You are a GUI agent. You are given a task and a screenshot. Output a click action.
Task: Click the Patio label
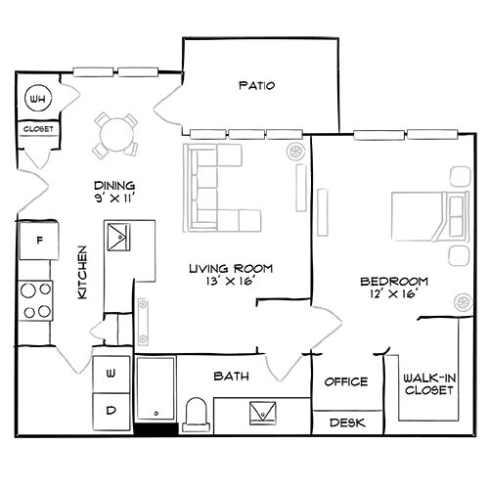(x=257, y=86)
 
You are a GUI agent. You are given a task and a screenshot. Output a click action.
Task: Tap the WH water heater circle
(x=38, y=99)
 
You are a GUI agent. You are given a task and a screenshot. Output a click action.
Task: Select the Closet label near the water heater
(x=38, y=129)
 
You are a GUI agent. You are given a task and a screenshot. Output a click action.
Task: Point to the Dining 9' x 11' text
(x=114, y=192)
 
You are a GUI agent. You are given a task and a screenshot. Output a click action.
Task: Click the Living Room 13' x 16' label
(x=231, y=275)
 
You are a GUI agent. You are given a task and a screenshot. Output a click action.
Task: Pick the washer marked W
(x=111, y=375)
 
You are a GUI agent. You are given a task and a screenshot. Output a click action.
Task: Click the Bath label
(x=231, y=376)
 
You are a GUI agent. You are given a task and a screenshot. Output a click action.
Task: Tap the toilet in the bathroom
(x=195, y=413)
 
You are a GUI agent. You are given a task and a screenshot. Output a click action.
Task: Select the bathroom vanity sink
(x=261, y=412)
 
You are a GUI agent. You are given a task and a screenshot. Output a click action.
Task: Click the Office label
(x=345, y=381)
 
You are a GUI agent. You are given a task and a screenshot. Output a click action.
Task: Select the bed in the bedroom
(x=428, y=216)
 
